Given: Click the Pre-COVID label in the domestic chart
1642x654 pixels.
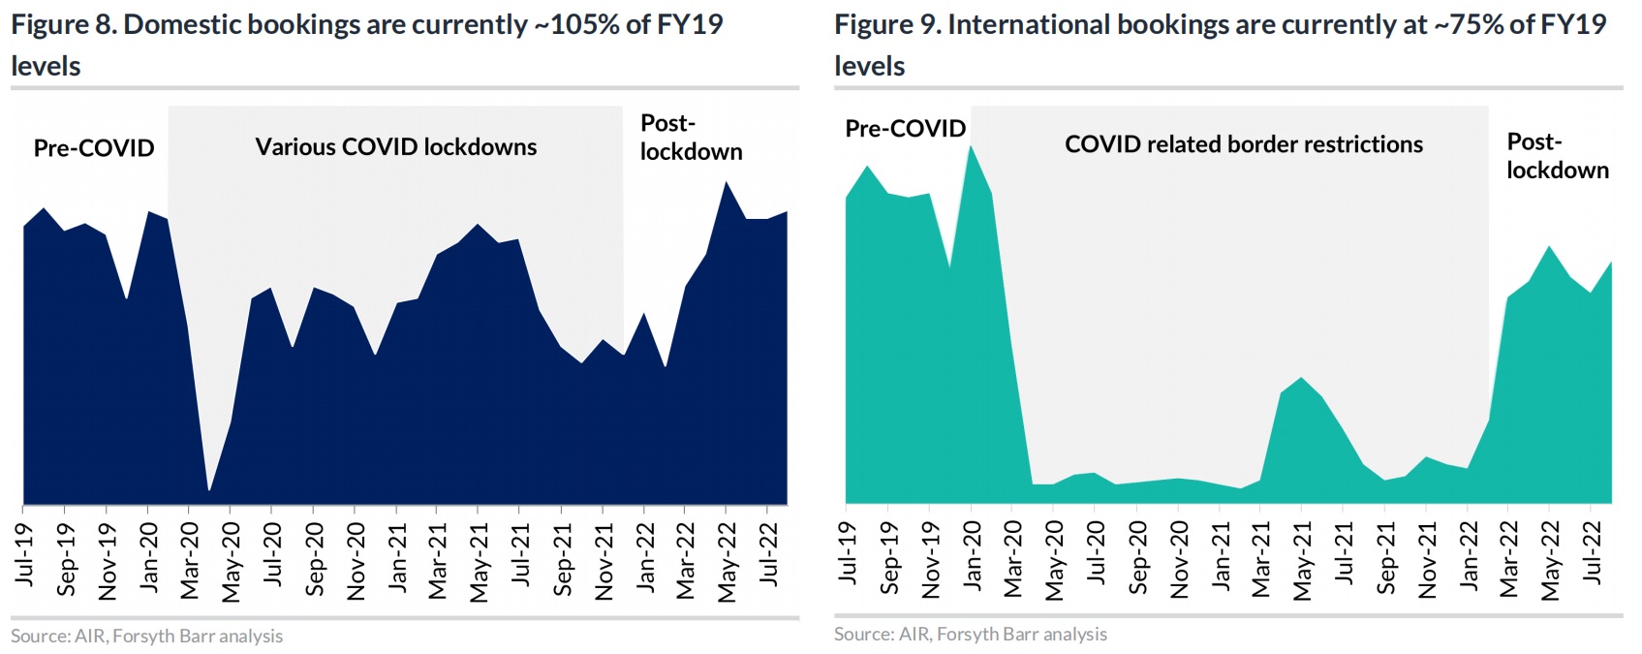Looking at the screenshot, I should coord(94,148).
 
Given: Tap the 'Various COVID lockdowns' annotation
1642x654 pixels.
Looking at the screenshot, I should coord(395,147).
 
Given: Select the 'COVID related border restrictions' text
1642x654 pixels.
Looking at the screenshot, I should coord(1243,144).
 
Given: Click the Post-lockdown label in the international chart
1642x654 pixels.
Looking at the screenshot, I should coord(1557,156).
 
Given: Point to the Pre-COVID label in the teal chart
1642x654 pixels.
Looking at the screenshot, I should coord(905,129).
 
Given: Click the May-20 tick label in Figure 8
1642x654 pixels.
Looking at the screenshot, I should coord(231,561).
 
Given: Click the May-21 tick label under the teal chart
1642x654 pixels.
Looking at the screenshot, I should coord(1302,561).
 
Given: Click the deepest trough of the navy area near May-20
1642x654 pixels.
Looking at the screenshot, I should coord(209,490).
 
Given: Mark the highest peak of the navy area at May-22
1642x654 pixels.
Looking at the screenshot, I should coord(726,182).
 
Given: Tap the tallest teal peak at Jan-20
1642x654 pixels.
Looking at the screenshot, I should coord(971,146).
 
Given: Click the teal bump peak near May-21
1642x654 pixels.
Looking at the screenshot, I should coord(1301,378).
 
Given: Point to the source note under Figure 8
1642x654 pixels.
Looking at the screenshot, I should coord(147,637).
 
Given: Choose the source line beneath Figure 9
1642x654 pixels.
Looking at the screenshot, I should coord(971,635).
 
